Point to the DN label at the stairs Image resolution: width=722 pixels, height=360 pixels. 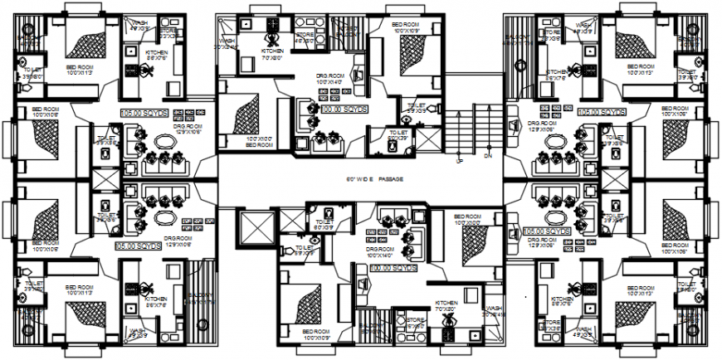(x=488, y=155)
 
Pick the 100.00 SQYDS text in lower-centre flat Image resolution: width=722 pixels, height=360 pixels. (x=392, y=270)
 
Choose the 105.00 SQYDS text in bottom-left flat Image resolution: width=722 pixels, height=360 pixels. (x=138, y=247)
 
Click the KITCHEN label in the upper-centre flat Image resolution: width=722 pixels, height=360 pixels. (x=273, y=56)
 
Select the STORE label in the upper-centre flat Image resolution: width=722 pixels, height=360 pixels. (x=304, y=36)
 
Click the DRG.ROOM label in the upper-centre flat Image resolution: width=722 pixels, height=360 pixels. (x=330, y=78)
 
